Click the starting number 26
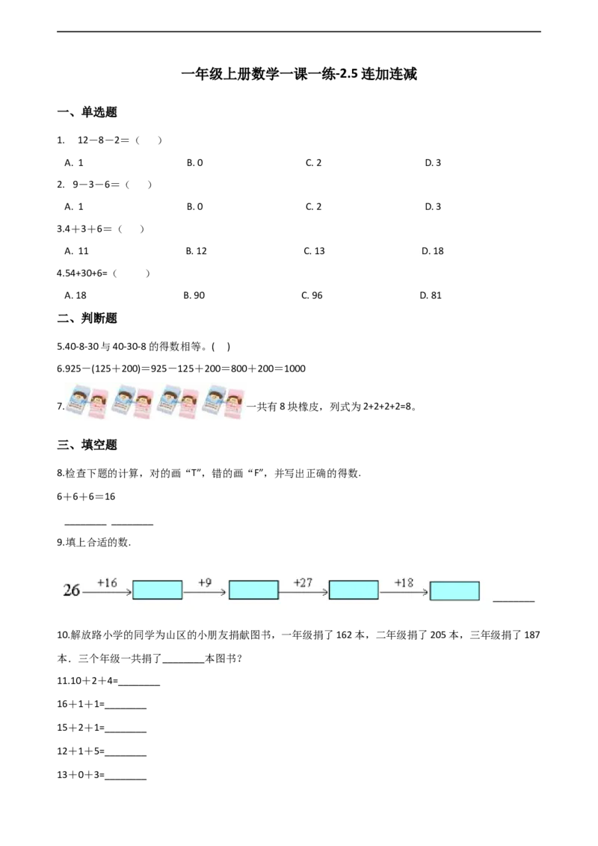pyautogui.click(x=72, y=590)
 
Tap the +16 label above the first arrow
pyautogui.click(x=107, y=582)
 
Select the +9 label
pyautogui.click(x=205, y=582)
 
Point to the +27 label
pyautogui.click(x=303, y=582)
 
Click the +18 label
pyautogui.click(x=404, y=582)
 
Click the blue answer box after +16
pyautogui.click(x=157, y=590)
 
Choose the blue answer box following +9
pyautogui.click(x=253, y=590)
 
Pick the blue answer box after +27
pyautogui.click(x=354, y=590)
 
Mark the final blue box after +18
pyautogui.click(x=454, y=590)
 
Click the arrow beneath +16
pyautogui.click(x=107, y=592)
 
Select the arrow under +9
pyautogui.click(x=205, y=592)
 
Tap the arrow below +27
pyautogui.click(x=303, y=592)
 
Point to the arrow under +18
pyautogui.click(x=404, y=592)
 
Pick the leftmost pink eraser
pyautogui.click(x=98, y=404)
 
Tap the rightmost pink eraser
pyautogui.click(x=237, y=404)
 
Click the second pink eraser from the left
pyautogui.click(x=144, y=404)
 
